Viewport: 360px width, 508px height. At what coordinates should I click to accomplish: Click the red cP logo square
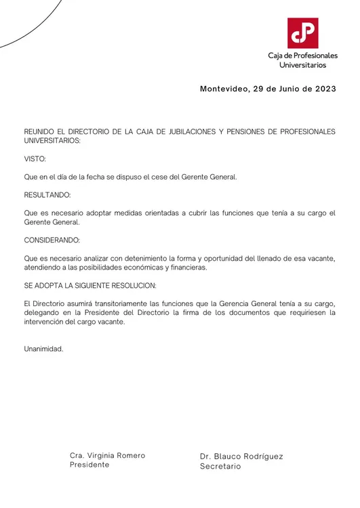[302, 33]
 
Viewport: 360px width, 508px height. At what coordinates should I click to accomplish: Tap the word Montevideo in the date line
[224, 89]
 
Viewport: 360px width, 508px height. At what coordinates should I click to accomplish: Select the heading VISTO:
[35, 159]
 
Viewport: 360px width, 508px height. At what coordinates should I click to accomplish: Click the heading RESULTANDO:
[47, 195]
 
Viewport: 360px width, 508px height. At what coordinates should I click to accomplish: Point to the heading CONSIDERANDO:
[52, 240]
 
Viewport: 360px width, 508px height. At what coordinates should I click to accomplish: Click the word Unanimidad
[43, 349]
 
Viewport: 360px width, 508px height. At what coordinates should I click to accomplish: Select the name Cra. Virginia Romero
[108, 456]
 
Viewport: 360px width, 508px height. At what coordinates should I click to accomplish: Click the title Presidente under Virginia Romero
[89, 465]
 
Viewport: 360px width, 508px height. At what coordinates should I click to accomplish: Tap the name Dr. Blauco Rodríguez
[241, 457]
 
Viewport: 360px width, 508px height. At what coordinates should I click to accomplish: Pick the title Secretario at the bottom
[220, 467]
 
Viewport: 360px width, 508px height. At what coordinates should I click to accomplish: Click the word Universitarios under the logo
[302, 65]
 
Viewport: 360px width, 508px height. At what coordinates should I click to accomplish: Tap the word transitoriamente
[117, 303]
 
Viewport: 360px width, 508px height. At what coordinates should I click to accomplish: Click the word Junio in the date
[283, 89]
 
